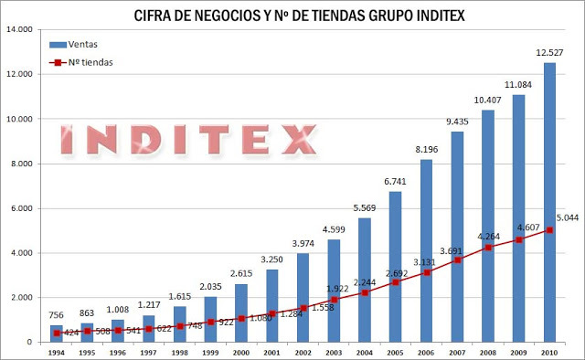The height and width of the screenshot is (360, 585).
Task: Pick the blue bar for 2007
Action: point(457,237)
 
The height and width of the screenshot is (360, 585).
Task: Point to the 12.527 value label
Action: point(550,52)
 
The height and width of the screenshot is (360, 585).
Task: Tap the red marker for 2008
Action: point(488,248)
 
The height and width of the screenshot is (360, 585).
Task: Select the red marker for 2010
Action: point(550,230)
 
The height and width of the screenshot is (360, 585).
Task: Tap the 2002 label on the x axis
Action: point(303,352)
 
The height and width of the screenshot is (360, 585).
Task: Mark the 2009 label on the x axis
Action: point(519,352)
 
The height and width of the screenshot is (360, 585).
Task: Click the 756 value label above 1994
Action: point(56,316)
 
